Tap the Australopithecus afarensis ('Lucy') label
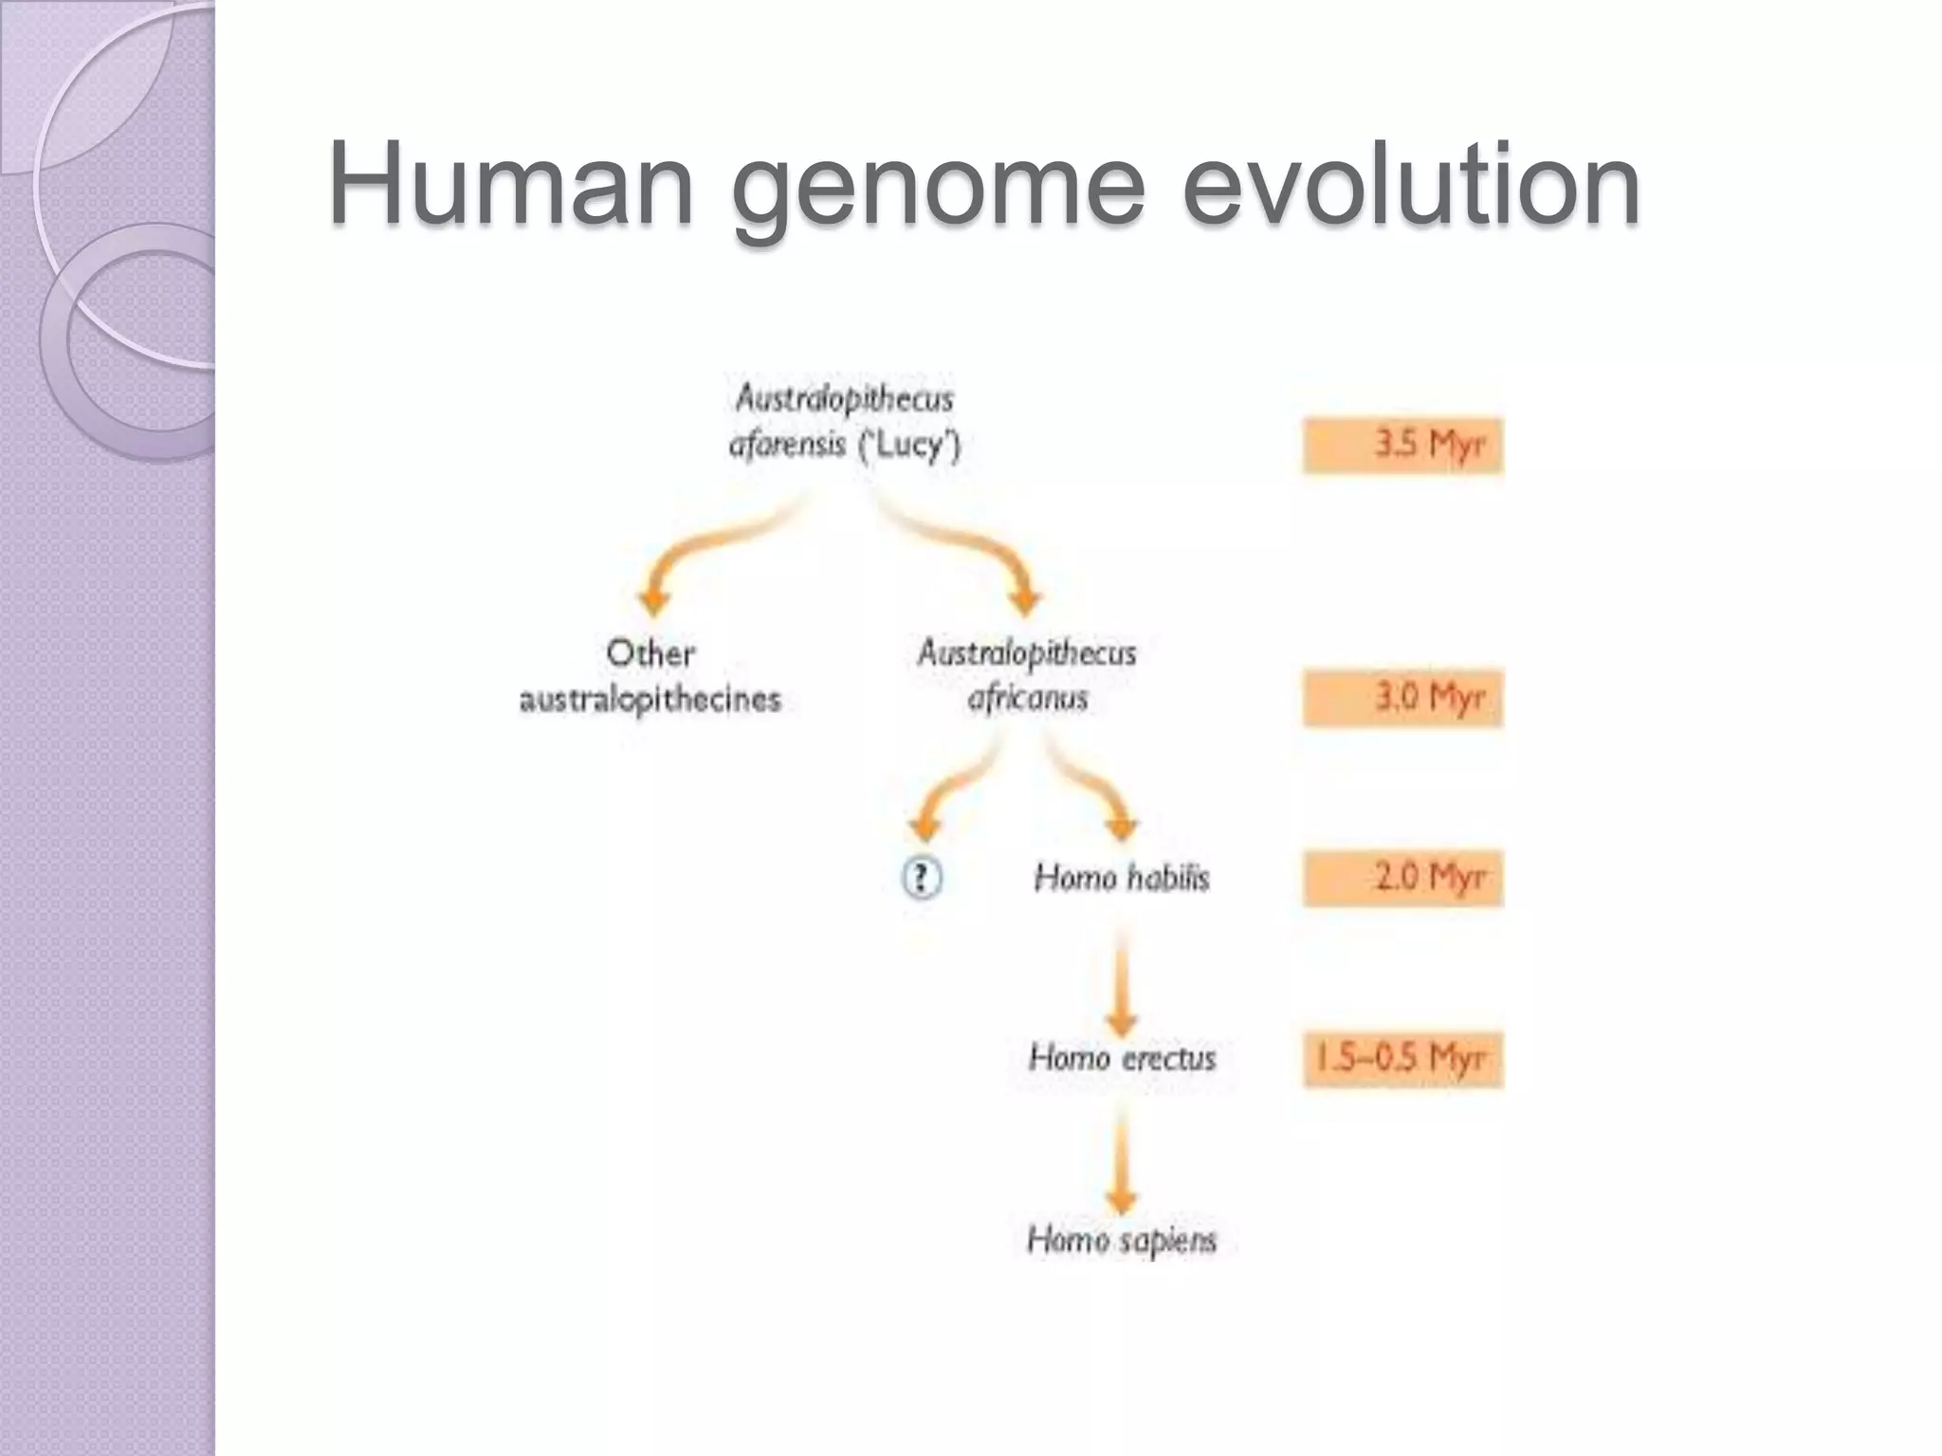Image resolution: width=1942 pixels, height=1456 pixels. pos(844,422)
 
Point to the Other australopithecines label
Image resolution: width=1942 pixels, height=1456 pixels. pos(650,676)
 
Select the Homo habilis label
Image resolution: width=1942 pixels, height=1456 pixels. pos(1122,878)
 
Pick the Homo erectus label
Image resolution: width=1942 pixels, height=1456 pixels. pos(1122,1058)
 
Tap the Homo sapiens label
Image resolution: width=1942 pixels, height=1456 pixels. pos(1122,1239)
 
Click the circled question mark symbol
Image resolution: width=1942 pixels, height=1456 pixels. pos(921,877)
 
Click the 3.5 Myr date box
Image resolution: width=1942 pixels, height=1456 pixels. pos(1402,445)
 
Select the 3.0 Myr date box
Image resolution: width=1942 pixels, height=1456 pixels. pos(1402,698)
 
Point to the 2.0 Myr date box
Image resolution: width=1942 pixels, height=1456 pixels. pos(1402,878)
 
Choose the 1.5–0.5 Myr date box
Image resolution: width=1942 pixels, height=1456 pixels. pos(1402,1059)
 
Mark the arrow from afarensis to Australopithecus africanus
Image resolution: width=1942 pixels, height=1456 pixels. pos(977,550)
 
